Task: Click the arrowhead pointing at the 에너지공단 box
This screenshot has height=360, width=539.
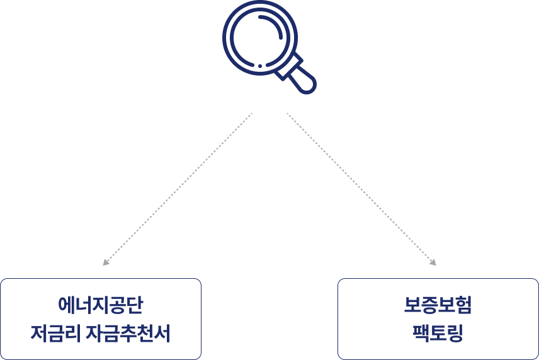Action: (105, 263)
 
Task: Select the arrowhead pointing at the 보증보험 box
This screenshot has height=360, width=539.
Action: (433, 263)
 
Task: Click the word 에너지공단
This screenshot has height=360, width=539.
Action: (101, 305)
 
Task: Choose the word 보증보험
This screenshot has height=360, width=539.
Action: (438, 305)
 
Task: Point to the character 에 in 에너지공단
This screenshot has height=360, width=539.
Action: (67, 305)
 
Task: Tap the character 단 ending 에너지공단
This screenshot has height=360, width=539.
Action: (135, 305)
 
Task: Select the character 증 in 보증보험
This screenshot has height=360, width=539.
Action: (429, 305)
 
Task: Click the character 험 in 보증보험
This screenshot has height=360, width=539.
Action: (463, 305)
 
